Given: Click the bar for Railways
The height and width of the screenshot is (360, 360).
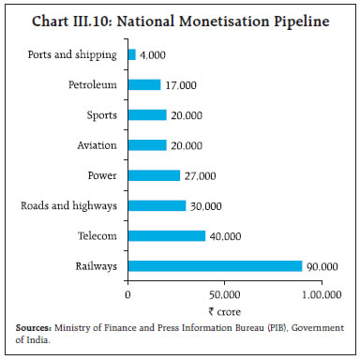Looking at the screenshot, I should [215, 266].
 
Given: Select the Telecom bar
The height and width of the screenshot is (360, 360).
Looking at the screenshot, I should [166, 236].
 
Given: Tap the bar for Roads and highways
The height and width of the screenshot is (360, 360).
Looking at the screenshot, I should [157, 205].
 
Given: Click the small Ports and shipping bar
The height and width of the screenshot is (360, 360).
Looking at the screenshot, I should [131, 54].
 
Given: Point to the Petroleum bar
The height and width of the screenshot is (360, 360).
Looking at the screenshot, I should [143, 84].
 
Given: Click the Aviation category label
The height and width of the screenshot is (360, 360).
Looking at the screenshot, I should [97, 145].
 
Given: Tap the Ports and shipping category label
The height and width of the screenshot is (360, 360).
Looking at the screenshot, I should [74, 54].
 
